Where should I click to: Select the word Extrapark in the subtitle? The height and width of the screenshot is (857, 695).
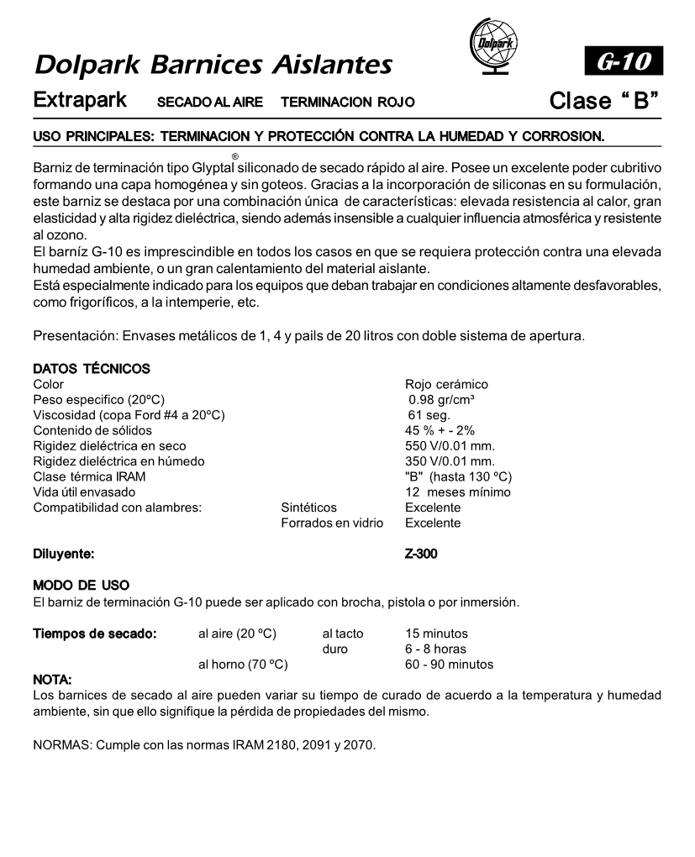pyautogui.click(x=80, y=100)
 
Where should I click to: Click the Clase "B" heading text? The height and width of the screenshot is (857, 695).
pyautogui.click(x=603, y=101)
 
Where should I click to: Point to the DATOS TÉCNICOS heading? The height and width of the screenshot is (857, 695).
pyautogui.click(x=91, y=368)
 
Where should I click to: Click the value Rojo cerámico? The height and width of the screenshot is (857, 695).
pyautogui.click(x=446, y=384)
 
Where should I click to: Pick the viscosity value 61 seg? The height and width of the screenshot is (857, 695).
pyautogui.click(x=429, y=415)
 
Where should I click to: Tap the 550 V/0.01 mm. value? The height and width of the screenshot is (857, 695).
pyautogui.click(x=450, y=446)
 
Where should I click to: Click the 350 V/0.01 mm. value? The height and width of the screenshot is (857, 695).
pyautogui.click(x=450, y=461)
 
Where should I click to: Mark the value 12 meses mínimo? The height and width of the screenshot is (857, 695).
pyautogui.click(x=457, y=492)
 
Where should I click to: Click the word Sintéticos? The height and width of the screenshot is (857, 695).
pyautogui.click(x=308, y=507)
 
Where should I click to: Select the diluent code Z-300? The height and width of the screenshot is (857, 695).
pyautogui.click(x=421, y=555)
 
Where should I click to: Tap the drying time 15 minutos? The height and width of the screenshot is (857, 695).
pyautogui.click(x=436, y=634)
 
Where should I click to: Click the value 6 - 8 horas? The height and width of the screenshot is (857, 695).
pyautogui.click(x=435, y=649)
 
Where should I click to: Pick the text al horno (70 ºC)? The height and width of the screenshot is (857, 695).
pyautogui.click(x=243, y=665)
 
